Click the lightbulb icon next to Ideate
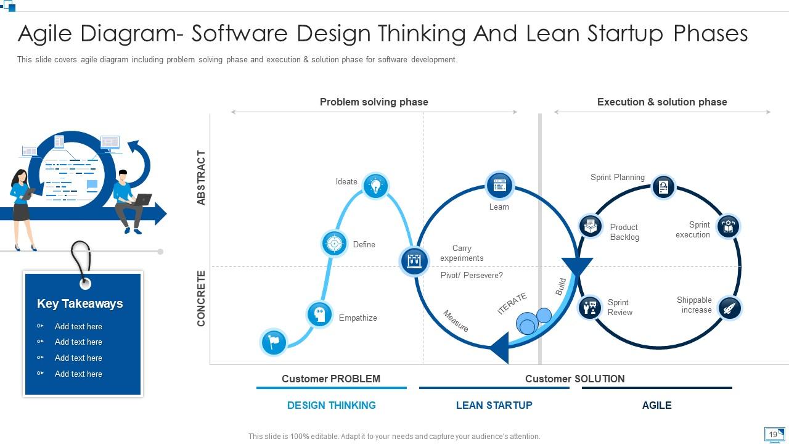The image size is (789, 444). click(x=375, y=185)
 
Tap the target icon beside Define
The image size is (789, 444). click(x=335, y=244)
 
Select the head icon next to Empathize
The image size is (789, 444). click(x=319, y=314)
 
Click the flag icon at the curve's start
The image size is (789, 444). click(x=274, y=342)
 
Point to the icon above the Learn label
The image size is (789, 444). click(x=499, y=184)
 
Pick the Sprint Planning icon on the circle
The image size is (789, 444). click(x=663, y=187)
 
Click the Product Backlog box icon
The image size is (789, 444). click(x=591, y=226)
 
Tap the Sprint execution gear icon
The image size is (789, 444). click(x=728, y=227)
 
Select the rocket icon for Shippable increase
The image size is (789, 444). click(x=730, y=308)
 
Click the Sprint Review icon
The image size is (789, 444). click(x=590, y=307)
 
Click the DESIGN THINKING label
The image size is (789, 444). click(x=332, y=405)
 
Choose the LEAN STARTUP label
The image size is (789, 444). click(x=494, y=405)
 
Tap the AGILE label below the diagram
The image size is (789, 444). click(x=657, y=405)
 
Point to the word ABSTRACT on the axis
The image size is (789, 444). click(x=201, y=178)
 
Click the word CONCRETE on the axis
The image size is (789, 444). click(x=201, y=298)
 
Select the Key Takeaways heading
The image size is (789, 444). click(x=80, y=303)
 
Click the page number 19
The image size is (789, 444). click(x=773, y=435)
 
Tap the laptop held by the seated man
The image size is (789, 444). click(x=143, y=200)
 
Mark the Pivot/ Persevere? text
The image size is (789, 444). click(x=472, y=275)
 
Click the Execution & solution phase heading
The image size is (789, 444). click(x=662, y=102)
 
